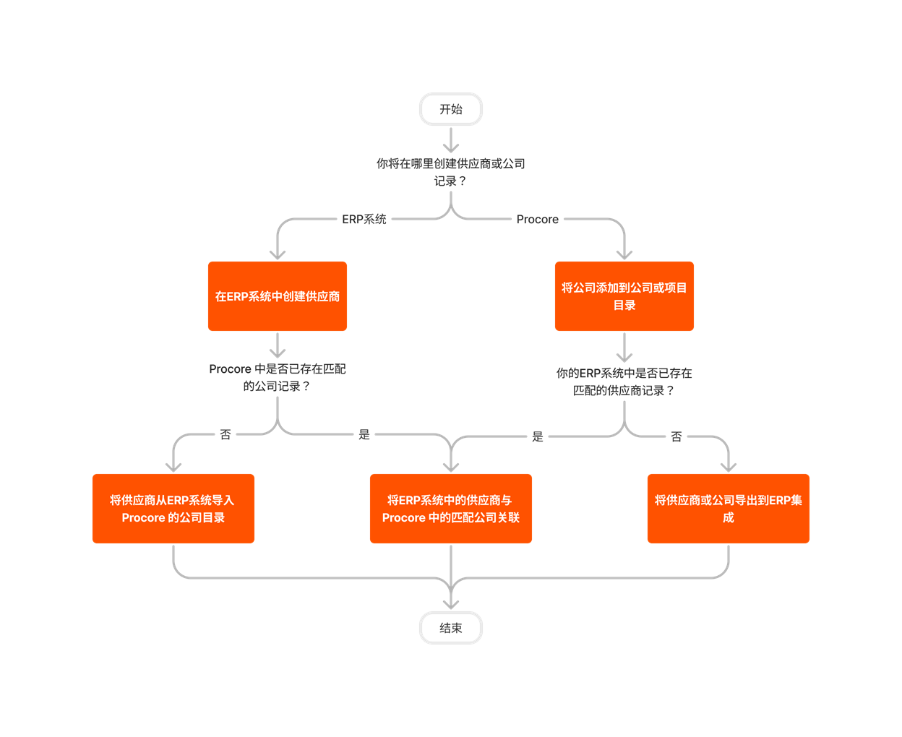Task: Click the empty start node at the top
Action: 451,109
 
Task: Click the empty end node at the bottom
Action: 451,628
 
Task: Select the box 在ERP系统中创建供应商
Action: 278,296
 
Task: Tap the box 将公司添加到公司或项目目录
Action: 624,296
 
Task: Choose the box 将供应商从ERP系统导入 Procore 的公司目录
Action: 173,509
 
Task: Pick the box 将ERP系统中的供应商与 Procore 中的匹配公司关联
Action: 451,509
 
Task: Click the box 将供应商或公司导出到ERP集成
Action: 729,509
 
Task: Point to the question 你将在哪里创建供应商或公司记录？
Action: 451,172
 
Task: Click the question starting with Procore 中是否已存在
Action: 278,377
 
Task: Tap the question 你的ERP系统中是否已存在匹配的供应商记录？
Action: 624,382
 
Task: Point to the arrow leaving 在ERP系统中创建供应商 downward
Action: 278,345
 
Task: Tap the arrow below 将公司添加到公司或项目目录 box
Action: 624,348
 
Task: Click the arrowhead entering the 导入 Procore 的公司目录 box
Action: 173,467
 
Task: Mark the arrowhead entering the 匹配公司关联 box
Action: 451,467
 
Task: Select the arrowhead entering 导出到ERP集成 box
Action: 729,467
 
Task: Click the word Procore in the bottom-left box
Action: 143,518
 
